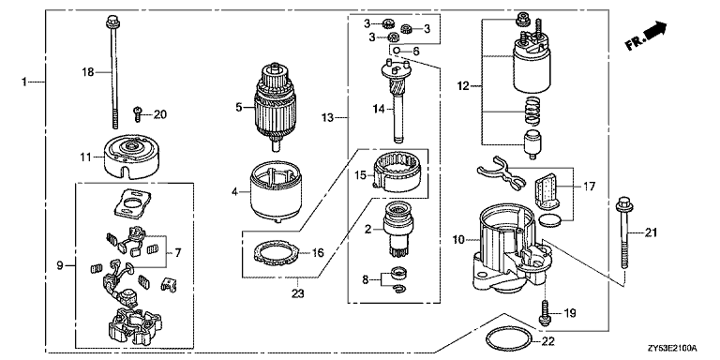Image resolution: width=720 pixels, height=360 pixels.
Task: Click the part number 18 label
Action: pyautogui.click(x=88, y=71)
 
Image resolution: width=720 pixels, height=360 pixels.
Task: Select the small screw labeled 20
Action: pyautogui.click(x=137, y=113)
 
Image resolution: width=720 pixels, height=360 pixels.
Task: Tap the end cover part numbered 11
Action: pyautogui.click(x=127, y=155)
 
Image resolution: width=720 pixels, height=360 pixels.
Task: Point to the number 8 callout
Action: pyautogui.click(x=365, y=278)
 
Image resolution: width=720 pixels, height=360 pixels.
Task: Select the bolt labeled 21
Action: pyautogui.click(x=623, y=232)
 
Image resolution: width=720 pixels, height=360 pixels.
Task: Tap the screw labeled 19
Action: pyautogui.click(x=545, y=313)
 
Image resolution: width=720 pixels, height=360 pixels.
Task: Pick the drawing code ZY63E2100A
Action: pyautogui.click(x=672, y=349)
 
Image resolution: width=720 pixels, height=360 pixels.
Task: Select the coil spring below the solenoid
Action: pyautogui.click(x=532, y=112)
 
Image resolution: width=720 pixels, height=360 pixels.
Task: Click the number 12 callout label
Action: pyautogui.click(x=463, y=86)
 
